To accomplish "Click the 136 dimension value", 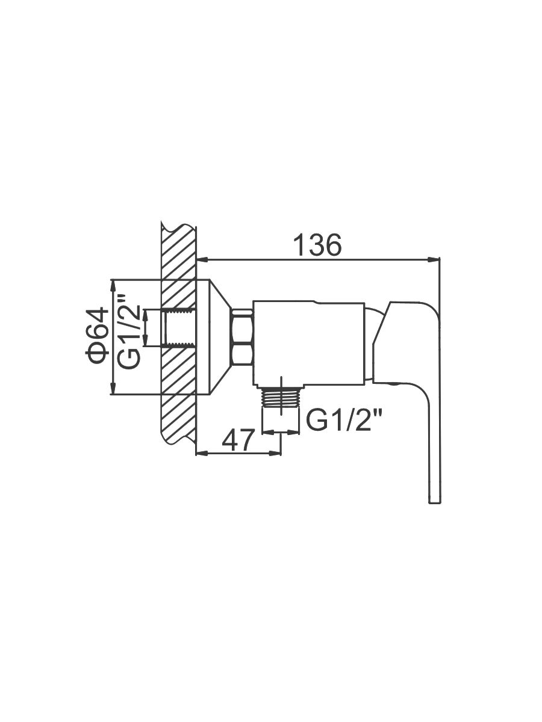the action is coord(317,245).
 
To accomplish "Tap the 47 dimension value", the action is coord(238,439).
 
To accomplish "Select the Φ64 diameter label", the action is coord(97,336).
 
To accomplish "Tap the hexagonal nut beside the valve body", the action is coord(243,337).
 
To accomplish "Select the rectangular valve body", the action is coord(309,343).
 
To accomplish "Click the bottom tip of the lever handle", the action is coord(434,512).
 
